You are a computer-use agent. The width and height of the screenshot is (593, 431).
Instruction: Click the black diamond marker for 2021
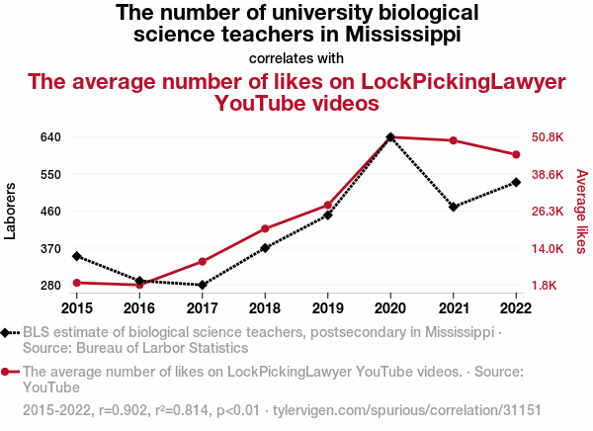[x=454, y=207]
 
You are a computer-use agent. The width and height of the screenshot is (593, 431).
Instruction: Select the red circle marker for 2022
[x=516, y=154]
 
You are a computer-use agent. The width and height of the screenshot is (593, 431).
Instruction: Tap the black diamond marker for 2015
[x=77, y=256]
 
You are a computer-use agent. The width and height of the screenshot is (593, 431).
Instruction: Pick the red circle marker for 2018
[x=265, y=229]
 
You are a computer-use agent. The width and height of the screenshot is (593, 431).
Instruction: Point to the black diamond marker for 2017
[x=203, y=285]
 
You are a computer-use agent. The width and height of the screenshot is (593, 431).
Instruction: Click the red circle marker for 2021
[x=454, y=140]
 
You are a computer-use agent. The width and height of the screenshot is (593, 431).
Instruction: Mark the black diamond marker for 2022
[x=516, y=182]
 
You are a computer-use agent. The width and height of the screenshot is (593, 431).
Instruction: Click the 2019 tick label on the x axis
[x=328, y=307]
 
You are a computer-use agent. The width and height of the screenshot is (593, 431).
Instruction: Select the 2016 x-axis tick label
[x=139, y=307]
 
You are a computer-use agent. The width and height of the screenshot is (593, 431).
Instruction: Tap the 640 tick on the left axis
[x=51, y=137]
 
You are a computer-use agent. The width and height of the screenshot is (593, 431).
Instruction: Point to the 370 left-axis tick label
[x=51, y=248]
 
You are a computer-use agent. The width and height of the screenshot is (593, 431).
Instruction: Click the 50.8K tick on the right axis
[x=548, y=137]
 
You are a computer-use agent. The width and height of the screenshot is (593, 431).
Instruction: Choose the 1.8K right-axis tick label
[x=548, y=286]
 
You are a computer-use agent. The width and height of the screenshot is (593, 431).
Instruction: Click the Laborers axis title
[x=11, y=211]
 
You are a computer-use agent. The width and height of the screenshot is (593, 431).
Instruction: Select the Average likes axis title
[x=581, y=211]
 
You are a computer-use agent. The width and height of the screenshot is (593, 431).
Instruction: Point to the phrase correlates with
[x=296, y=57]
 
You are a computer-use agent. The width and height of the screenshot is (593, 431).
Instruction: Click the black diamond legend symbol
[x=7, y=333]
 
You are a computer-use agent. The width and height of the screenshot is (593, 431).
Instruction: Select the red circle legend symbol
[x=7, y=373]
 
